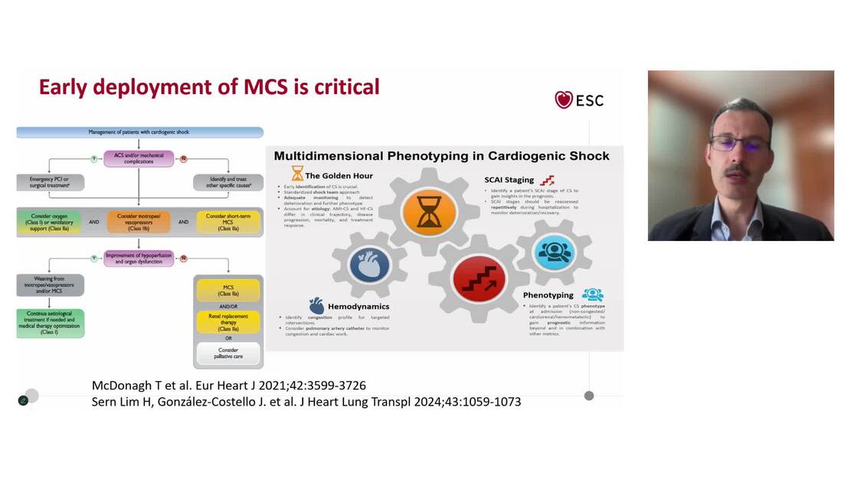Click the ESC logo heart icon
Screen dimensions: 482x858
(x=564, y=100)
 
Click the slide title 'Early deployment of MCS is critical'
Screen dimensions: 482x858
(x=209, y=87)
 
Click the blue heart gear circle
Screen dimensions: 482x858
(x=370, y=265)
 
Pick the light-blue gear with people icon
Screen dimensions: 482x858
(x=554, y=252)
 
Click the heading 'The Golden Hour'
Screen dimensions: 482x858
(x=339, y=176)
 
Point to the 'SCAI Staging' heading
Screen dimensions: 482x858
(x=509, y=180)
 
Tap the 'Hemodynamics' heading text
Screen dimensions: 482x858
(x=358, y=306)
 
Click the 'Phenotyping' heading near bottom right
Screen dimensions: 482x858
(x=549, y=295)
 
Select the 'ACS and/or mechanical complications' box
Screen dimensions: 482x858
(x=139, y=158)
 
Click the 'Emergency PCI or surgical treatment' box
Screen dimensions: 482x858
(x=50, y=182)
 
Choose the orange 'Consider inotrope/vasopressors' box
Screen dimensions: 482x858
(x=139, y=221)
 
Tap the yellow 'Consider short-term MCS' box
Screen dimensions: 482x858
(x=228, y=221)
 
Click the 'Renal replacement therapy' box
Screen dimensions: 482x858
(x=228, y=321)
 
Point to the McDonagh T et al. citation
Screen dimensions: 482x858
(x=228, y=386)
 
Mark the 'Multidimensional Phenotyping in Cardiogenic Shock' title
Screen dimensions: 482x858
(x=442, y=155)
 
